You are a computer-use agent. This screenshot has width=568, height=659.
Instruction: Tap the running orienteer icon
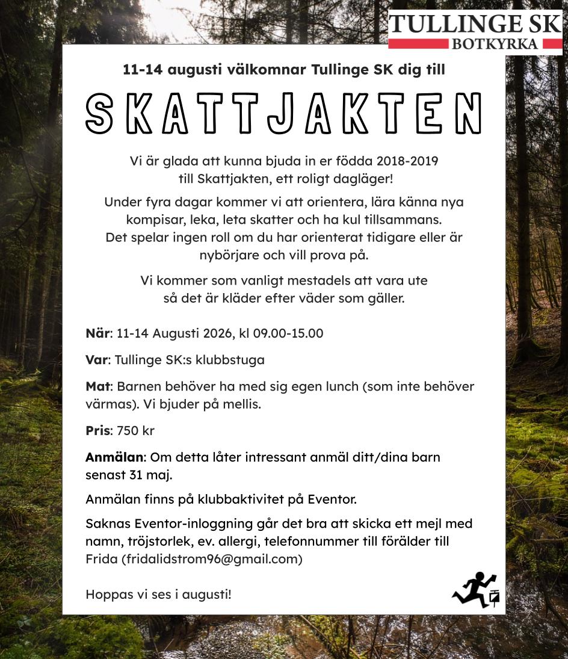coord(475,589)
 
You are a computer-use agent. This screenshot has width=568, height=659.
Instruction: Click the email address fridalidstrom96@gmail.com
coord(212,559)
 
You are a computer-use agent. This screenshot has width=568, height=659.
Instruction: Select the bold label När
coord(98,333)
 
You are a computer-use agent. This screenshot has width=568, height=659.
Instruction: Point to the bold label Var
coord(96,360)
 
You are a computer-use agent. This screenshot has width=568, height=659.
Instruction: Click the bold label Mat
coord(97,386)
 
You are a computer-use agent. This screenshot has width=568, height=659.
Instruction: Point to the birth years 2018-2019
coord(407,161)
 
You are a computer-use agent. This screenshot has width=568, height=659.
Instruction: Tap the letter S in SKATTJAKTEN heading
coord(99,114)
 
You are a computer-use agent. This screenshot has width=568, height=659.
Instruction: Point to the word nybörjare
coord(228,255)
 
